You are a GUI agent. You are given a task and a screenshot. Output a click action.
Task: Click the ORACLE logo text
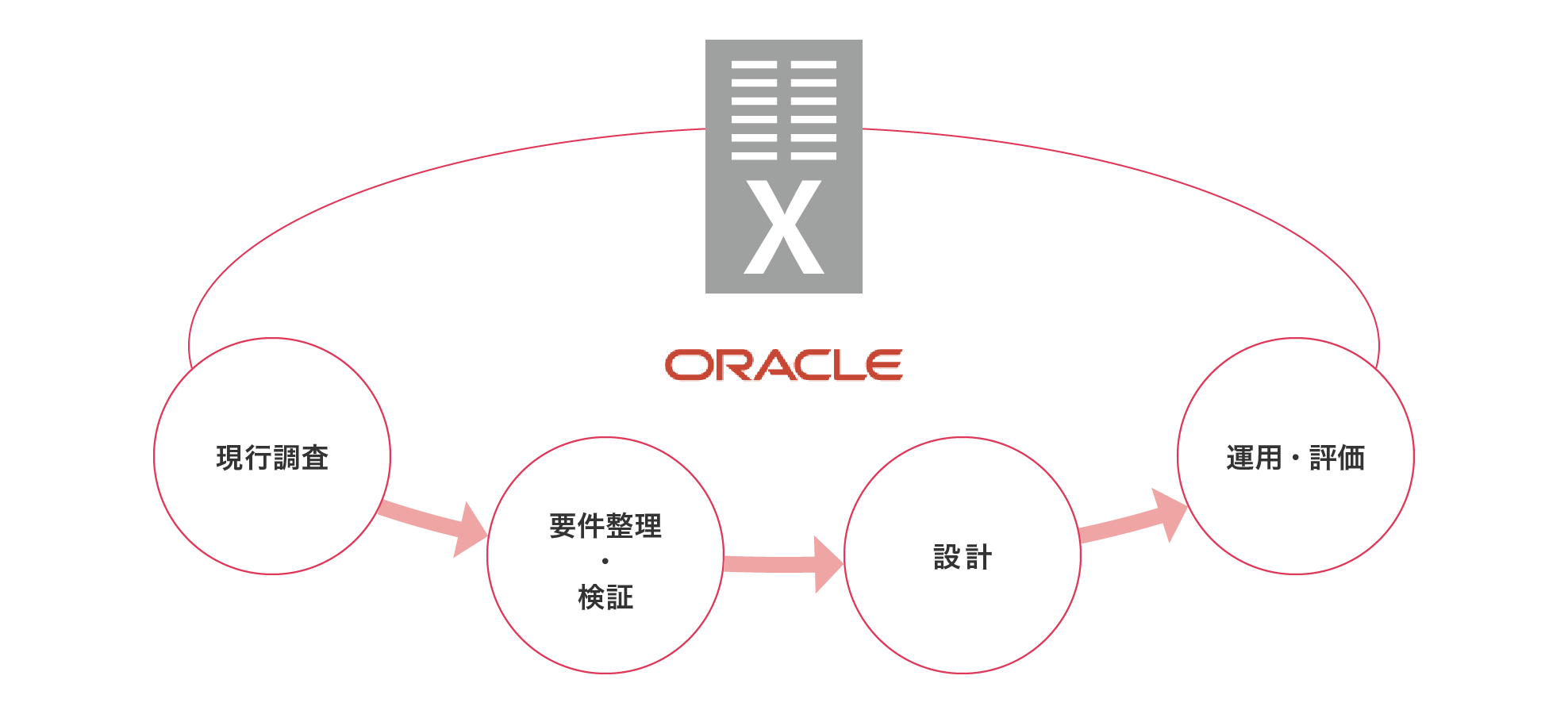tap(783, 366)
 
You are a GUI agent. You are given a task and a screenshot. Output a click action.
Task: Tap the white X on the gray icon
tap(784, 228)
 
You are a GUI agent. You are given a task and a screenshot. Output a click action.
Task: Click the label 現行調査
tap(272, 458)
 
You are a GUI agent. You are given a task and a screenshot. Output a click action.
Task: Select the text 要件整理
tap(605, 526)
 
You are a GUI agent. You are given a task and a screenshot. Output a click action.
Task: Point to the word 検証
tap(605, 597)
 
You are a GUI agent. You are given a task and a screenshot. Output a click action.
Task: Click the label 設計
tap(963, 557)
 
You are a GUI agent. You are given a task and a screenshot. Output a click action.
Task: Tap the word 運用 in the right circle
tap(1254, 458)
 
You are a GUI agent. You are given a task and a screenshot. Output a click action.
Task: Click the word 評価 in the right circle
tap(1337, 458)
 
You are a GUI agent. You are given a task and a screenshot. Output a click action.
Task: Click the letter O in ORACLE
tap(687, 366)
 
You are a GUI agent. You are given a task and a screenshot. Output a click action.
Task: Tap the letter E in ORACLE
tap(883, 366)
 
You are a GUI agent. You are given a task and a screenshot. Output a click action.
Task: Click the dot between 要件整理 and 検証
tap(605, 561)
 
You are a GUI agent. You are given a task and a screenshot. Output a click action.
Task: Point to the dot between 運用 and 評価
tap(1295, 458)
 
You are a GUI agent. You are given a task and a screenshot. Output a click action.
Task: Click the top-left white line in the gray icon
tap(754, 65)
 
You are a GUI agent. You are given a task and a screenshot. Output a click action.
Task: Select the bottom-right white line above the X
tap(813, 155)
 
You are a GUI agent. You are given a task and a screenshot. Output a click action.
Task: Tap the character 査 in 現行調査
tap(315, 458)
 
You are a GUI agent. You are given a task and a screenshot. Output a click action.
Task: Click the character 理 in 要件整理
tap(648, 526)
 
